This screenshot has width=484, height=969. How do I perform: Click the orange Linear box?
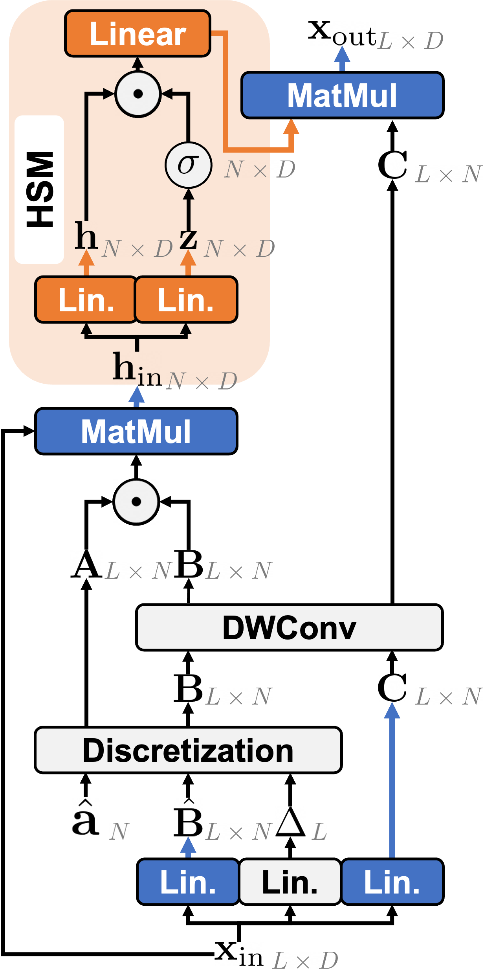coord(137,34)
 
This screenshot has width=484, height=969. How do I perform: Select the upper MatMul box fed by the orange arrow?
coord(342,95)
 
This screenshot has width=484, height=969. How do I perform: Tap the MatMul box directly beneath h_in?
coord(136,431)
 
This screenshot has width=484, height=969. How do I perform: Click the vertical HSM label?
coord(39,189)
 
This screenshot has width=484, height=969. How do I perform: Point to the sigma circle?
coord(189,165)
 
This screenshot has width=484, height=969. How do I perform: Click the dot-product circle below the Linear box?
coord(138,94)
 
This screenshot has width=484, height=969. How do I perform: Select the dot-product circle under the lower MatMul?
coord(136,501)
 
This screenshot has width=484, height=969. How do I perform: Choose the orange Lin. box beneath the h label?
coord(86,300)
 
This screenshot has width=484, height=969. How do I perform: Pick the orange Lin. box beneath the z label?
coord(186,300)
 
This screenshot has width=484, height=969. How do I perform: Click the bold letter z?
coord(188,237)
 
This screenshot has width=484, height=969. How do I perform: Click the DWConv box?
coord(289,627)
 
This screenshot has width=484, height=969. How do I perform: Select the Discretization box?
coord(188,750)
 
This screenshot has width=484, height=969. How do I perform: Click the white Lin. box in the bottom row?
coord(290,882)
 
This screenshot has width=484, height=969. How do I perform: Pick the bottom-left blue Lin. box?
coord(188,882)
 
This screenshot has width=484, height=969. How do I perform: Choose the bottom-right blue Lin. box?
coord(392,882)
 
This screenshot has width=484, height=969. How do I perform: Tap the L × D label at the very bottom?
coord(305,960)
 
